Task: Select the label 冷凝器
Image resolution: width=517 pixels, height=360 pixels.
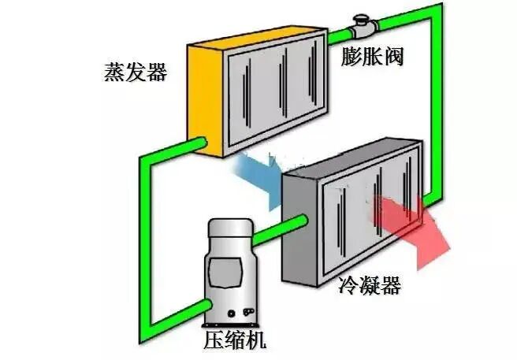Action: [x=370, y=284]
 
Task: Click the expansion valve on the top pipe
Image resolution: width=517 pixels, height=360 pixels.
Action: [x=365, y=25]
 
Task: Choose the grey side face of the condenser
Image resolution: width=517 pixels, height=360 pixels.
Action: [x=299, y=228]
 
